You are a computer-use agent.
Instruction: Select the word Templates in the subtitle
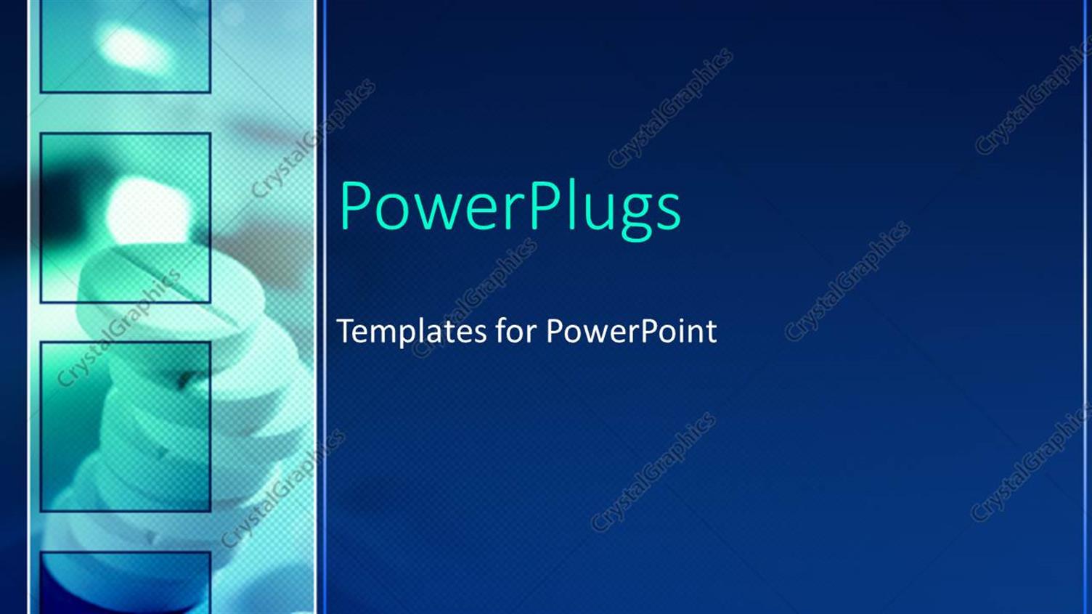pyautogui.click(x=412, y=332)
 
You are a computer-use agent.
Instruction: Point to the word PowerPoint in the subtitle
pyautogui.click(x=631, y=332)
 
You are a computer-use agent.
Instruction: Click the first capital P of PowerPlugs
pyautogui.click(x=356, y=206)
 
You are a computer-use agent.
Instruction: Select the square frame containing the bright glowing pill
pyautogui.click(x=126, y=218)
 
